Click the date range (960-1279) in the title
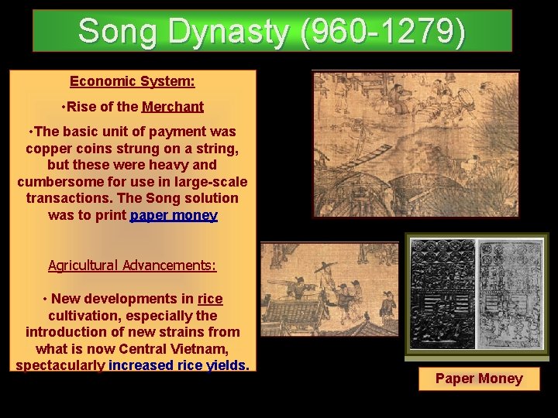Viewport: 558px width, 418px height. click(x=387, y=32)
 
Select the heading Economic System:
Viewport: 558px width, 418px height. click(x=132, y=81)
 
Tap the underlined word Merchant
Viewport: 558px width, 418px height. click(x=173, y=107)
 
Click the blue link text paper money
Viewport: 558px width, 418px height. click(x=174, y=215)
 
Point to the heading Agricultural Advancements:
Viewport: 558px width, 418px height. click(x=132, y=266)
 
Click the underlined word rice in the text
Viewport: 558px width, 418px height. click(x=210, y=299)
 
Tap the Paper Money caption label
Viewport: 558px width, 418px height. click(x=478, y=379)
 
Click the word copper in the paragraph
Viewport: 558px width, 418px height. click(x=47, y=148)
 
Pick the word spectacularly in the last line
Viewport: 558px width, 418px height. click(x=60, y=365)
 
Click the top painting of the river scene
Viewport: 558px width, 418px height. click(x=415, y=144)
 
